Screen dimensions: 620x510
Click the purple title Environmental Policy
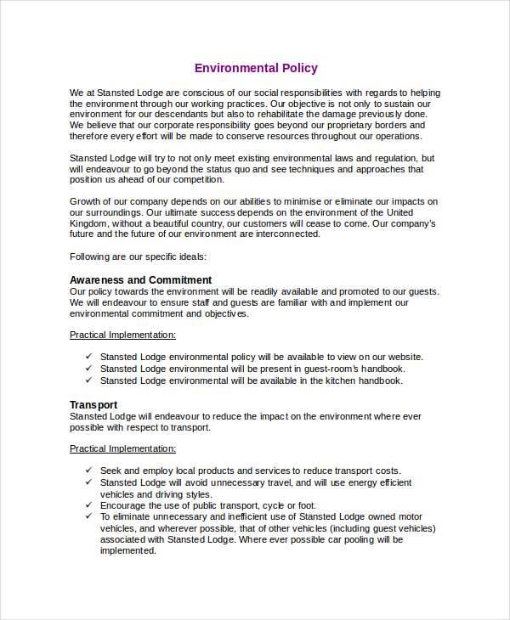[x=256, y=68]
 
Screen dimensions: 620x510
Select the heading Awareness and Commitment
[x=140, y=280]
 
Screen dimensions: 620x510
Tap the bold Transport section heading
[x=93, y=405]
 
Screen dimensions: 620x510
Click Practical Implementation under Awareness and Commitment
[x=122, y=335]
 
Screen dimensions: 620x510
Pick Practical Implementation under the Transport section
[x=122, y=448]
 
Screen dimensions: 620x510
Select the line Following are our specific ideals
[x=138, y=256]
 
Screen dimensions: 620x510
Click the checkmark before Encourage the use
[x=89, y=505]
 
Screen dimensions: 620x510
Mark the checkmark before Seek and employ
[x=89, y=471]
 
